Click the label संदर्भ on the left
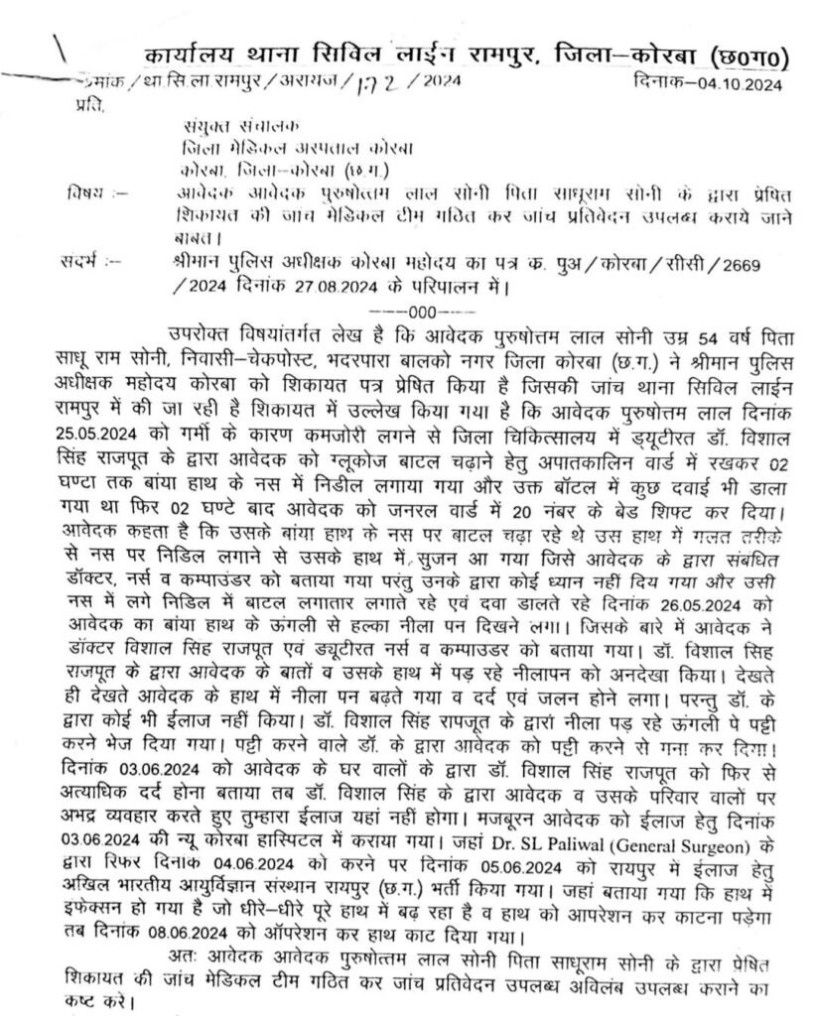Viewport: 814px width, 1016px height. pyautogui.click(x=85, y=262)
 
